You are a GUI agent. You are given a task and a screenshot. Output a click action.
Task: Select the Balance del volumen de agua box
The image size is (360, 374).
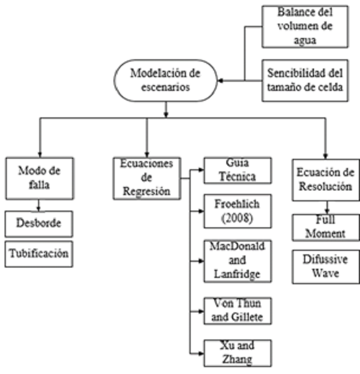tap(305, 27)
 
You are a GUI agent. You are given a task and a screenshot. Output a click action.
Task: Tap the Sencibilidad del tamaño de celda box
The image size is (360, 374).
tap(305, 80)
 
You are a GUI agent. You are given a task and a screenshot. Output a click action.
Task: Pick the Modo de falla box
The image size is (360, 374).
tap(39, 179)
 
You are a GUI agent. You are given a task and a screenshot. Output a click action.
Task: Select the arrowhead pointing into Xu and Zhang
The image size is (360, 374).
tap(201, 353)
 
